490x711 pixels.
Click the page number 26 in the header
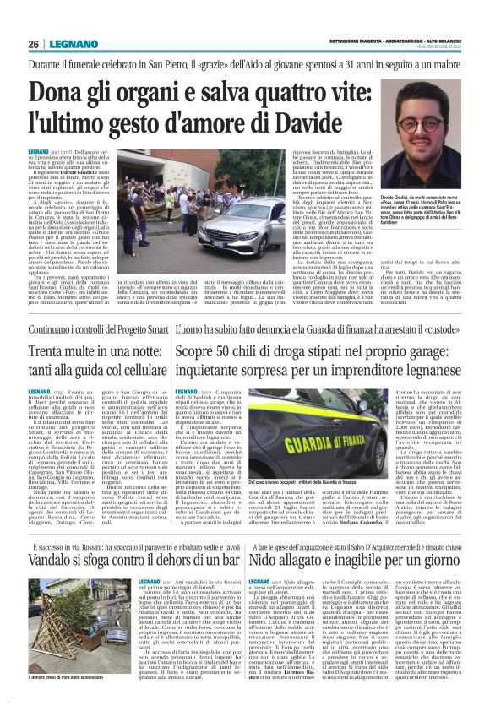[35, 44]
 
